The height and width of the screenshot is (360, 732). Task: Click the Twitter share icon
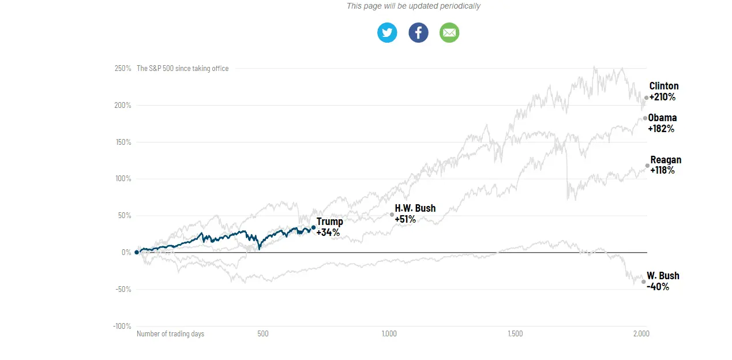(387, 33)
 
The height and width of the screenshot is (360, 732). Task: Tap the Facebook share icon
(418, 33)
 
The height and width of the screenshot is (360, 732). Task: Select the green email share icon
(449, 33)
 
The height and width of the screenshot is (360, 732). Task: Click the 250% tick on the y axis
(123, 69)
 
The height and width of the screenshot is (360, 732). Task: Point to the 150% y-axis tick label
(123, 142)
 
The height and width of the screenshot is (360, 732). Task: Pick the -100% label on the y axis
(122, 326)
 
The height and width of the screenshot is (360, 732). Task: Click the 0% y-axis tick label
(126, 253)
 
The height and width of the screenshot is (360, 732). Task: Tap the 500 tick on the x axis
(263, 334)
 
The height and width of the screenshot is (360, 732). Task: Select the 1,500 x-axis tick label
(515, 334)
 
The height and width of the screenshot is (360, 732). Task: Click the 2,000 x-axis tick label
(641, 334)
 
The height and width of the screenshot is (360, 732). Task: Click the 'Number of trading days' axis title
(170, 334)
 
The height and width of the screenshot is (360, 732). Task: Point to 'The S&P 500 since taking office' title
(182, 69)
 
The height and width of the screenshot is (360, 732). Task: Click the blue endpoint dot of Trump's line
(313, 227)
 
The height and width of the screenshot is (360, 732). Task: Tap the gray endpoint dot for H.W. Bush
(392, 215)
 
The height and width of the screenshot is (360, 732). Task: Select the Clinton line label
(664, 86)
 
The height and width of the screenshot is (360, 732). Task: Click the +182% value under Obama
(661, 129)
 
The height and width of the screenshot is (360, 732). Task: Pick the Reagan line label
(666, 160)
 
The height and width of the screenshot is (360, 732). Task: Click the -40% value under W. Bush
(658, 286)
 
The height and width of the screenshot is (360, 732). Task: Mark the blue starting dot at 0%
(137, 252)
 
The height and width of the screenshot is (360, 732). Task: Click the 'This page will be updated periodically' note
(413, 6)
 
